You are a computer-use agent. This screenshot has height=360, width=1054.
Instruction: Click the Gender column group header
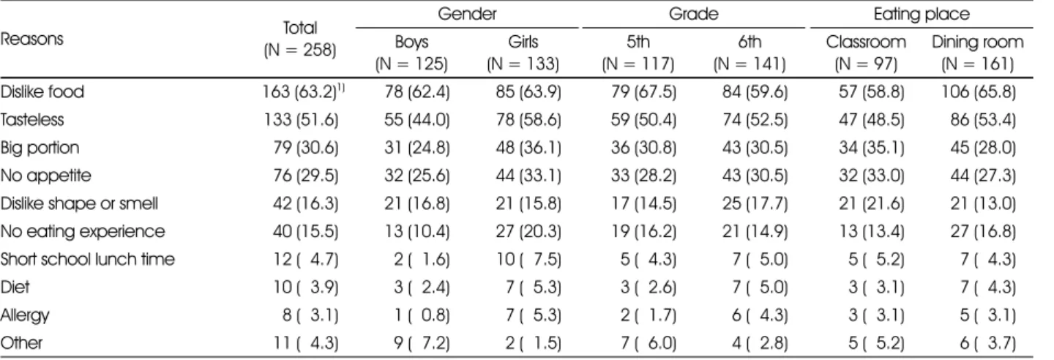(467, 14)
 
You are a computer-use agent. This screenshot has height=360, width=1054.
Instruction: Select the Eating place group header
(922, 14)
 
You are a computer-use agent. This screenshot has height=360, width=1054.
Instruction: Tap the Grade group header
(694, 14)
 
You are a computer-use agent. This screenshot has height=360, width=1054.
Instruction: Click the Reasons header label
(31, 39)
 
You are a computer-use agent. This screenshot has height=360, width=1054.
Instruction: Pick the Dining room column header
(977, 42)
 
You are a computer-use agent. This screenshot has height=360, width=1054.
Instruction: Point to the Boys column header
(411, 42)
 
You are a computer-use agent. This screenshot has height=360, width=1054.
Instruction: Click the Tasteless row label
(32, 119)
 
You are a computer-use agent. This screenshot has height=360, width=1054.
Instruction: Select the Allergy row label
(24, 315)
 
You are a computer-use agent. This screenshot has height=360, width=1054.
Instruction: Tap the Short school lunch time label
(88, 259)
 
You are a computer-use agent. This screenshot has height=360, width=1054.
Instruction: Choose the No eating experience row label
(82, 231)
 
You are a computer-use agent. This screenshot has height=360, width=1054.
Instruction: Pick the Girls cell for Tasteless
(528, 119)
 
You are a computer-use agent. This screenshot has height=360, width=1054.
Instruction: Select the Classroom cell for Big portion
(871, 148)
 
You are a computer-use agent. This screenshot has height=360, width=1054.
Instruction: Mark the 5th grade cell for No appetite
(643, 176)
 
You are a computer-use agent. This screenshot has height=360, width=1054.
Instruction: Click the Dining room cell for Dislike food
(978, 91)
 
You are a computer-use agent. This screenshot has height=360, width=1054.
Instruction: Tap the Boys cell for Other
(422, 343)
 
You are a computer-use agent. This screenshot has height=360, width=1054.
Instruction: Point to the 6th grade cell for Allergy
(760, 315)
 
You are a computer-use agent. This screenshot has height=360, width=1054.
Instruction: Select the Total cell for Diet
(306, 287)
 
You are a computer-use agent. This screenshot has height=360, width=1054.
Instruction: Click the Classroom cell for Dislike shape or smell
(871, 203)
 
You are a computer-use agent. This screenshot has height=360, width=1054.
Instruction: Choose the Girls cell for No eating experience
(528, 231)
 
